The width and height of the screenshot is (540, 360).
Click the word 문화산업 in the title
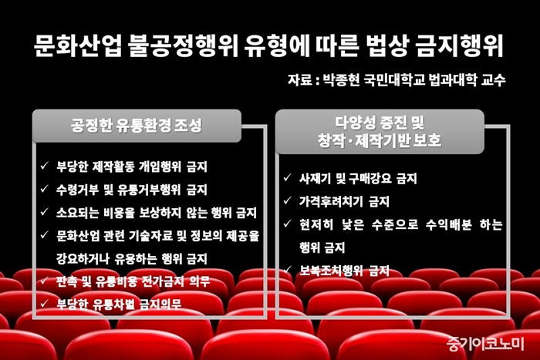78,45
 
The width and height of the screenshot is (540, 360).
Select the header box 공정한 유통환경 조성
137,126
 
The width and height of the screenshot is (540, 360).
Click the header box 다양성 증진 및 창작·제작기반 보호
380,132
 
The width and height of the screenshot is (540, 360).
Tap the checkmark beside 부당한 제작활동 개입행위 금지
45,166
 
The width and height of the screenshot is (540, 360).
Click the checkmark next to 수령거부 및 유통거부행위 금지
45,189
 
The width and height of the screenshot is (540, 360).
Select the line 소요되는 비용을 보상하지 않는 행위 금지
157,213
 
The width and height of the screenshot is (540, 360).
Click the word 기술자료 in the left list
153,236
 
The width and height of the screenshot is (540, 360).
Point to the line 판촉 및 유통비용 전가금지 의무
133,281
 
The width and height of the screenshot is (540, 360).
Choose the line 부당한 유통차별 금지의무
119,304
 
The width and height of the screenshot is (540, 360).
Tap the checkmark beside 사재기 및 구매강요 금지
288,177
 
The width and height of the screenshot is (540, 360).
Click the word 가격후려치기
331,201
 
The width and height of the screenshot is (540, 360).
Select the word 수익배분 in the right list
448,224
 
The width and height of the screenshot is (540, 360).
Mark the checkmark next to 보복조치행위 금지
288,270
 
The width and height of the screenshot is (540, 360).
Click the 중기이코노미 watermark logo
485,343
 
